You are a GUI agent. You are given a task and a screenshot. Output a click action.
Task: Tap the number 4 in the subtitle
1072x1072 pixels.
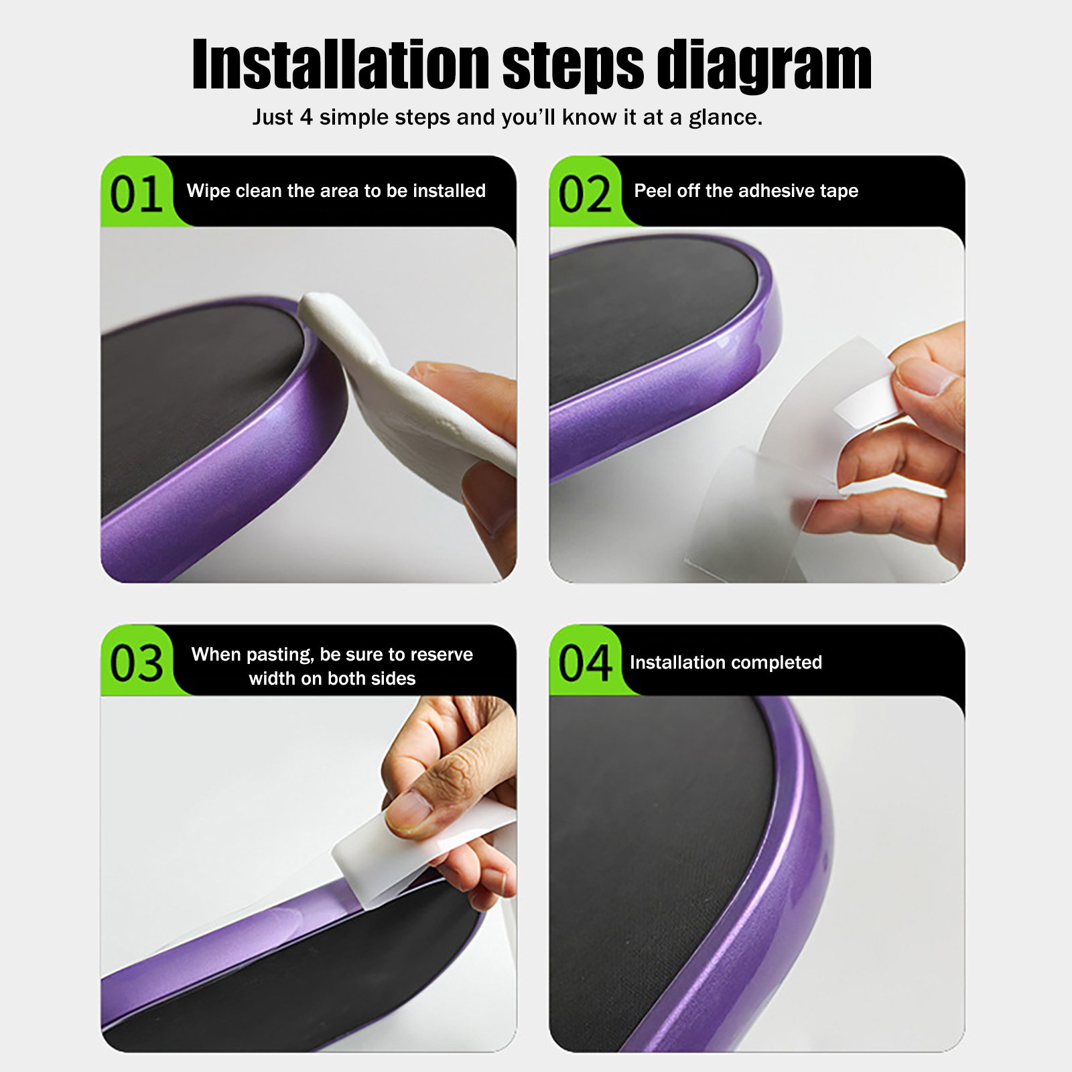click(306, 117)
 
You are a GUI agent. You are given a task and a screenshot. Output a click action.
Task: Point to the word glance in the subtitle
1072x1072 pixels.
click(726, 118)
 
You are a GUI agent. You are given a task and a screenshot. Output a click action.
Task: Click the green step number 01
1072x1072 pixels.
click(137, 194)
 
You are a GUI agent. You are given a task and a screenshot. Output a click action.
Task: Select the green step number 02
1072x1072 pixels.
click(585, 194)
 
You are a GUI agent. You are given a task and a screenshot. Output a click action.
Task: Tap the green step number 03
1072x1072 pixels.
click(137, 663)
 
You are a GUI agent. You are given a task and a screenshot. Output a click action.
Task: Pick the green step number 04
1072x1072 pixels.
click(585, 663)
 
